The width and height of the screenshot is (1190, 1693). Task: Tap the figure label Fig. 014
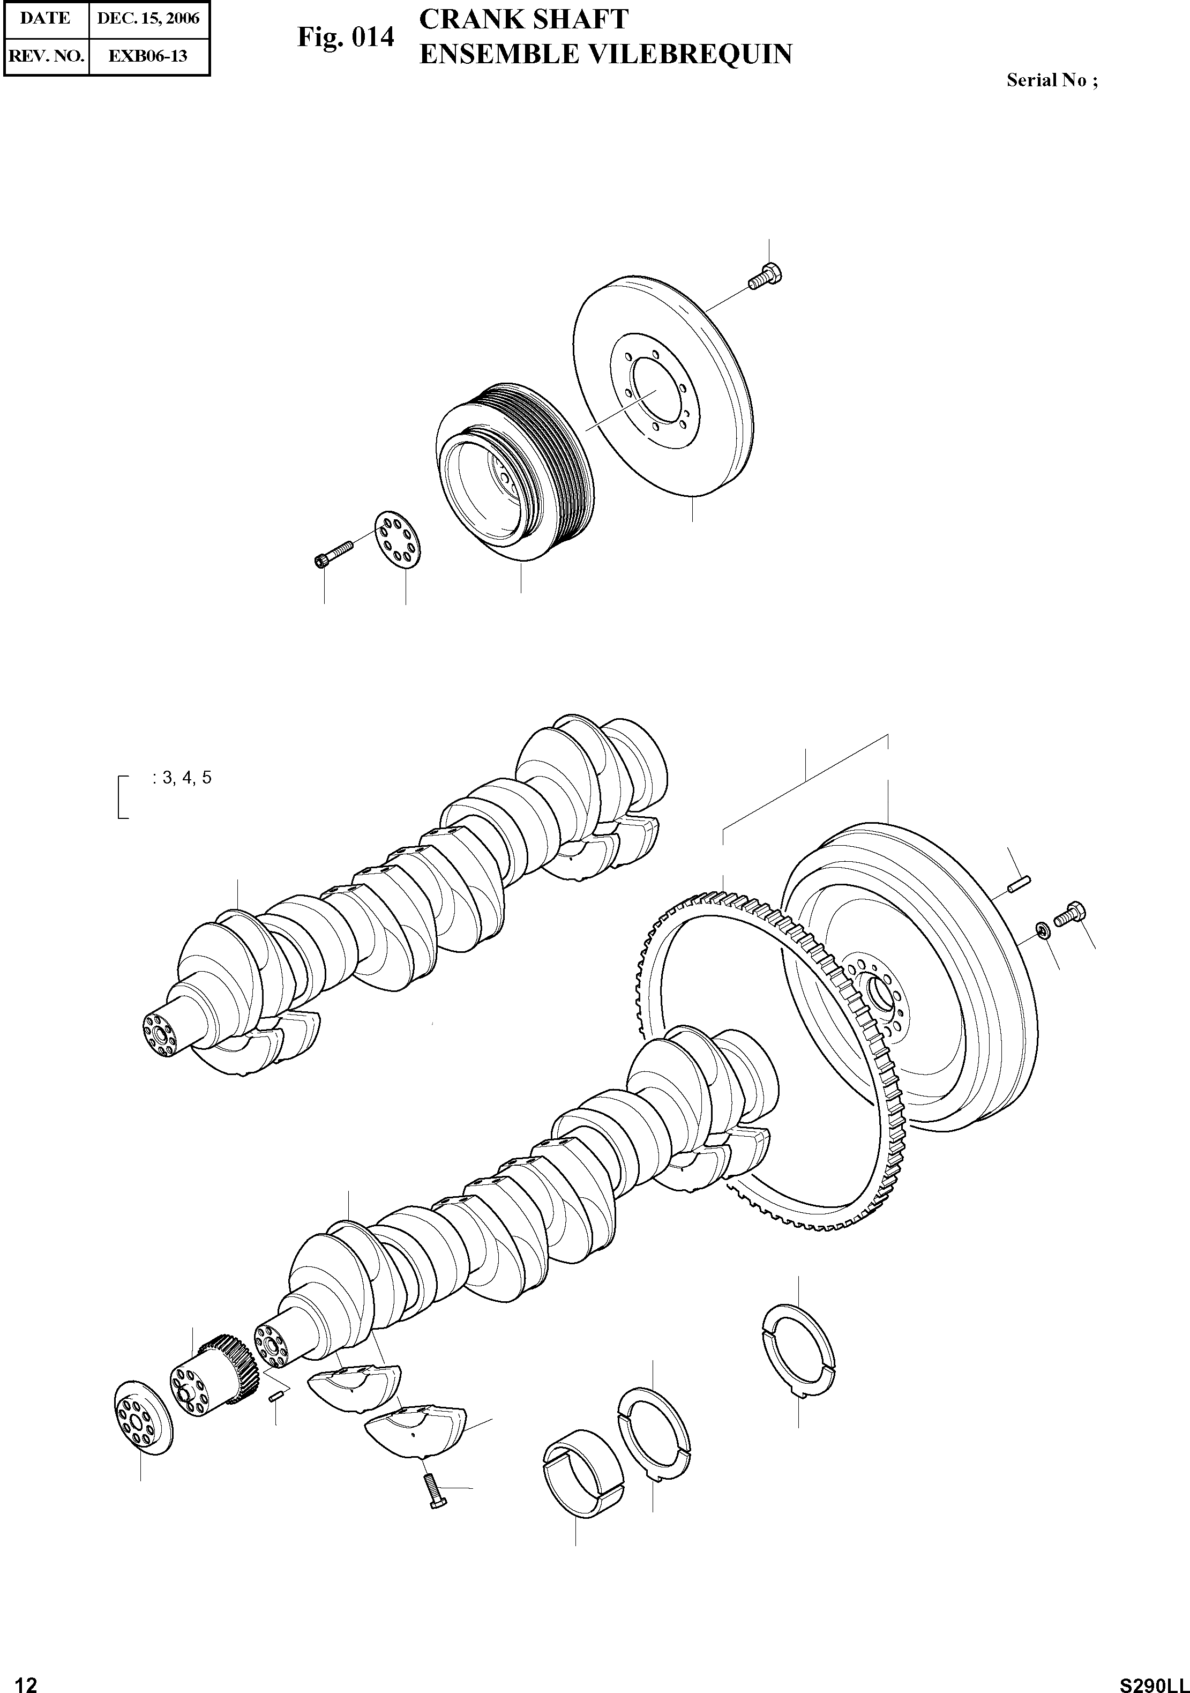pyautogui.click(x=346, y=37)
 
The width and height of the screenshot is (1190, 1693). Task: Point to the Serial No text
pyautogui.click(x=1051, y=81)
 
